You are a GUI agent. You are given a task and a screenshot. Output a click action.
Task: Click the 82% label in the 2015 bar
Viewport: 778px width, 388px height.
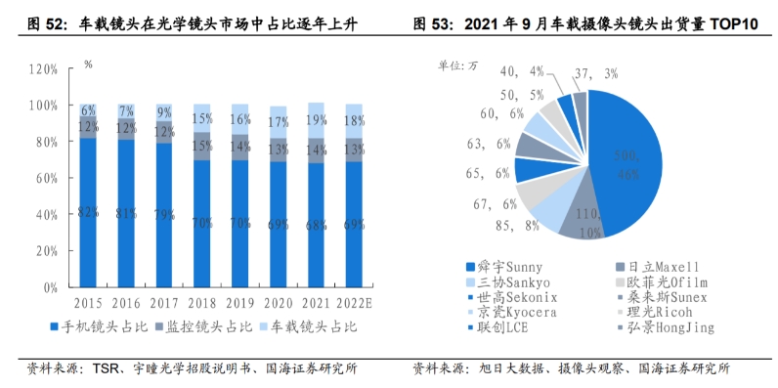click(x=88, y=212)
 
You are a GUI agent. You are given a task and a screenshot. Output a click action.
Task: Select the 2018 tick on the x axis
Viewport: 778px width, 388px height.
click(x=201, y=304)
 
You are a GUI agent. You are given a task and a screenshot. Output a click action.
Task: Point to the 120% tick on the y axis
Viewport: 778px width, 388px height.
click(x=44, y=69)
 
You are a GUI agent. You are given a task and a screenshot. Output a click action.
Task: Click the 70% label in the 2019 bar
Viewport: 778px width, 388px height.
click(x=238, y=222)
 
